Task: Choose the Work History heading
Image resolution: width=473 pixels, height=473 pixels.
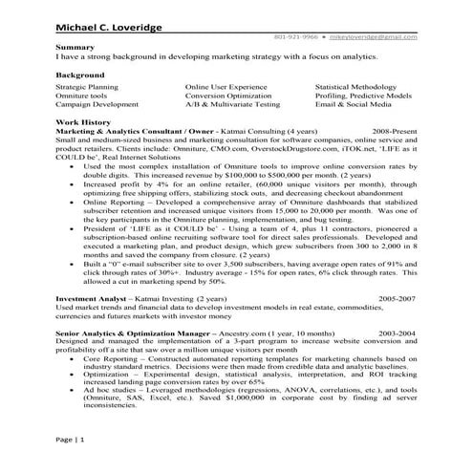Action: [81, 123]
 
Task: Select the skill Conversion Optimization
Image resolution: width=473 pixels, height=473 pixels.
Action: [226, 95]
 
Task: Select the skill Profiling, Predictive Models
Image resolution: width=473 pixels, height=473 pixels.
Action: [365, 95]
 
